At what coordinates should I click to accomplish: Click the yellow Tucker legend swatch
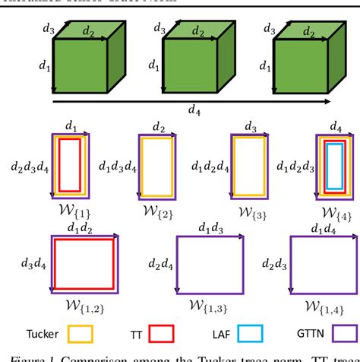click(80, 332)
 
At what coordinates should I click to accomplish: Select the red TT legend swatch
click(162, 332)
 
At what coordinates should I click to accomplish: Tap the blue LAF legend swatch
click(244, 332)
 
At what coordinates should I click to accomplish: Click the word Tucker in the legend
click(38, 332)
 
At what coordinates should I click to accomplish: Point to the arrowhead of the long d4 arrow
click(327, 100)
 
